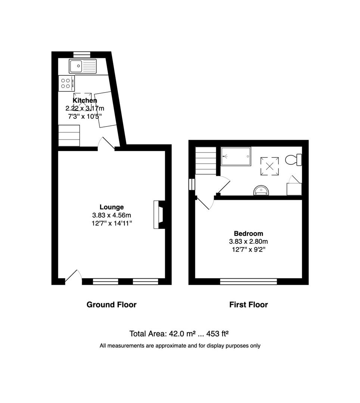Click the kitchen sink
point(83,66)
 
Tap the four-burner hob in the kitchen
point(66,83)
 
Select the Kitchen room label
point(85,100)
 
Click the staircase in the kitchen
point(69,135)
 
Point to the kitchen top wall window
point(82,55)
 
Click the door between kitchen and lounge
point(106,143)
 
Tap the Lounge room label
point(112,207)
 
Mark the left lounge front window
point(105,281)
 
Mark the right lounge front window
point(146,281)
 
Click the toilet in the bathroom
point(294,160)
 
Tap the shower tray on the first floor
point(236,156)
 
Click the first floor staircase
point(205,160)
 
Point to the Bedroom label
point(248,233)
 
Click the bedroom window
point(248,281)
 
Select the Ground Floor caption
point(111,304)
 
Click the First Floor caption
point(248,304)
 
